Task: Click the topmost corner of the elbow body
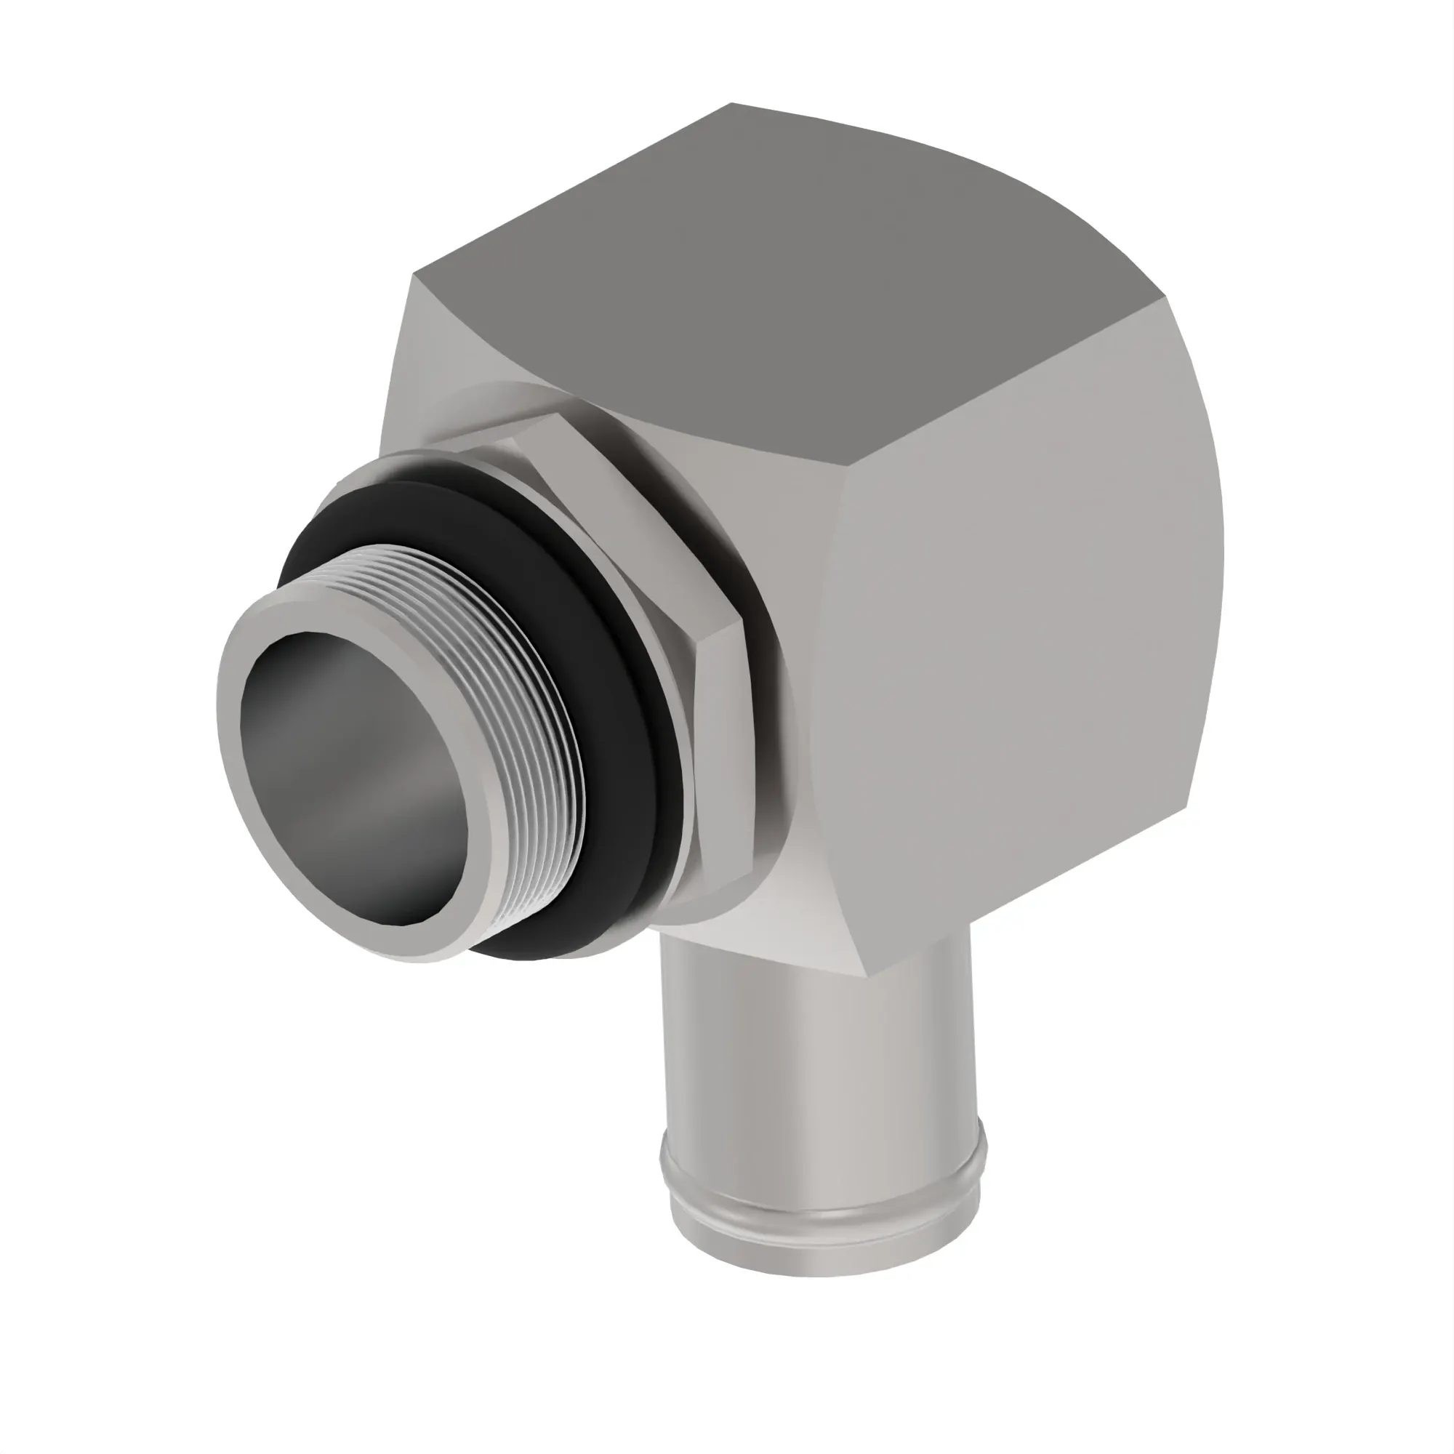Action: click(731, 105)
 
